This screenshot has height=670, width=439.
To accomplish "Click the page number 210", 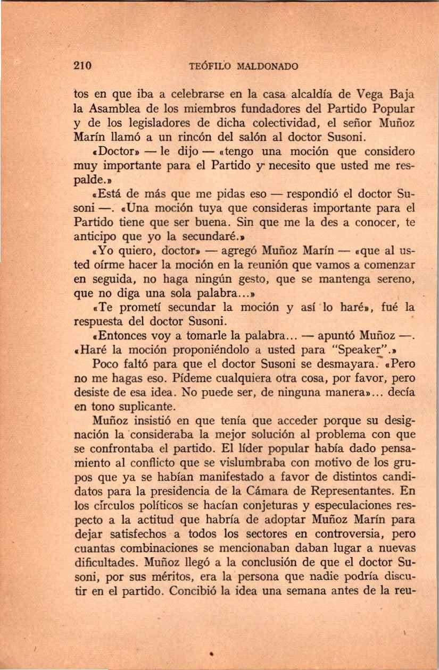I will pyautogui.click(x=82, y=67).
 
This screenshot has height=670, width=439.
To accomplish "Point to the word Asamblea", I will pyautogui.click(x=118, y=109).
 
